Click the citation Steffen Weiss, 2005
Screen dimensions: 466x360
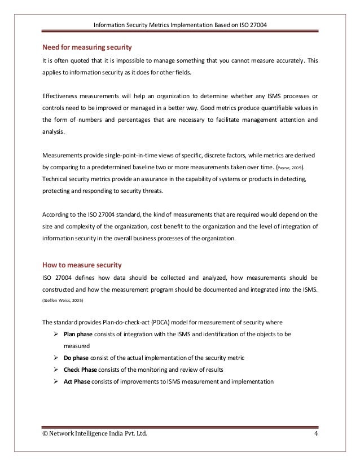click(x=63, y=302)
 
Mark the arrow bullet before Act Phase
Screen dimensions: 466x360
click(x=56, y=381)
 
